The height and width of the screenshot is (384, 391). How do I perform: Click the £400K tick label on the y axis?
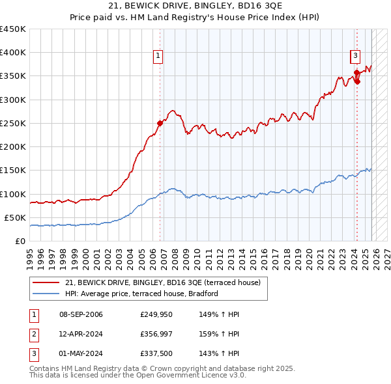point(13,53)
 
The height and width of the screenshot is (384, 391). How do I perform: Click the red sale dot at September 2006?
point(160,123)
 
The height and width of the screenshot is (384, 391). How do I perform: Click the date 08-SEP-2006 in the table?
point(81,315)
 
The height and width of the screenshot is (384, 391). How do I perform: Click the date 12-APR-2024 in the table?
point(81,334)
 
